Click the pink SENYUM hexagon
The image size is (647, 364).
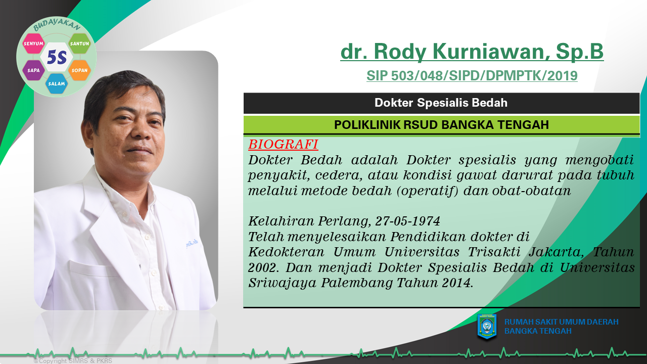[33, 43]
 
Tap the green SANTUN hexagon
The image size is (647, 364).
[79, 43]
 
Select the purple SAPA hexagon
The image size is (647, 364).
[33, 70]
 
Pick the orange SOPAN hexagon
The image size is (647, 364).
[79, 70]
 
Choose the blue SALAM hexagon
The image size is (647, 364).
[56, 83]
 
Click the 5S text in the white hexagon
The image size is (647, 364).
[57, 57]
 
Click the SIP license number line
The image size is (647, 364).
[472, 76]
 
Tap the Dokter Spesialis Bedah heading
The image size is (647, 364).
[441, 103]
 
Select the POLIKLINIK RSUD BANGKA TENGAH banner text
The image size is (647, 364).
[441, 125]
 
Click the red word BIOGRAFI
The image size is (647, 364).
[283, 144]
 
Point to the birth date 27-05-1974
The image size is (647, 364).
[407, 221]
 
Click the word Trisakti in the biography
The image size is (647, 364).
[494, 252]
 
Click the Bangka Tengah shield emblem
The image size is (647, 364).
[487, 327]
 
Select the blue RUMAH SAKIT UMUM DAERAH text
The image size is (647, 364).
[562, 322]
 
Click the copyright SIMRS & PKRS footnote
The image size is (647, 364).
[73, 361]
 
